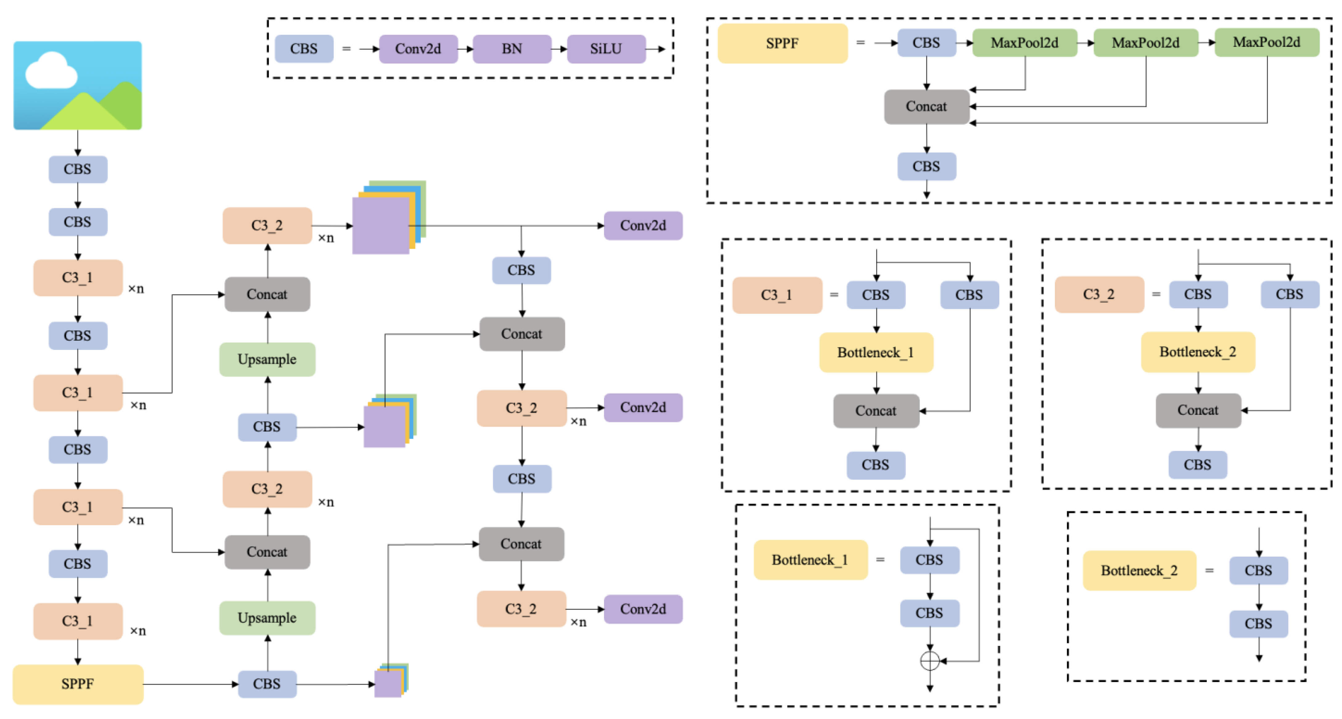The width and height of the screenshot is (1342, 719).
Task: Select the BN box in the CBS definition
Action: click(512, 49)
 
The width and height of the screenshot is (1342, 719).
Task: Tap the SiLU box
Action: click(605, 49)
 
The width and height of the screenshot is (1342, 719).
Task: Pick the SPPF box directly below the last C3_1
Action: click(78, 684)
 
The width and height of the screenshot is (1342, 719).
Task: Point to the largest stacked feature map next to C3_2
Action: click(385, 222)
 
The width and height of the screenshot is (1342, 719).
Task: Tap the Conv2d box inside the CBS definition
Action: click(418, 49)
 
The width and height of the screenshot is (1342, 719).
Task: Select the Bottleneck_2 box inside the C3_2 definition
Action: click(1197, 352)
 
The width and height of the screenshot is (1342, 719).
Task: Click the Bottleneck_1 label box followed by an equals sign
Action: click(810, 560)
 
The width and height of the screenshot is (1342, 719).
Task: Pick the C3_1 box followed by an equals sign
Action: click(776, 295)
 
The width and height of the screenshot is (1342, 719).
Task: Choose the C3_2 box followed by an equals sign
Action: click(1099, 294)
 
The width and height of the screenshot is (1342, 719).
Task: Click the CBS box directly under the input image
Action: click(78, 169)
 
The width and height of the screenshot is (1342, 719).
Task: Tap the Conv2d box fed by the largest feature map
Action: click(642, 226)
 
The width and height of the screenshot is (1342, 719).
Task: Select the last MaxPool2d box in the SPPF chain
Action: click(1266, 43)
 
